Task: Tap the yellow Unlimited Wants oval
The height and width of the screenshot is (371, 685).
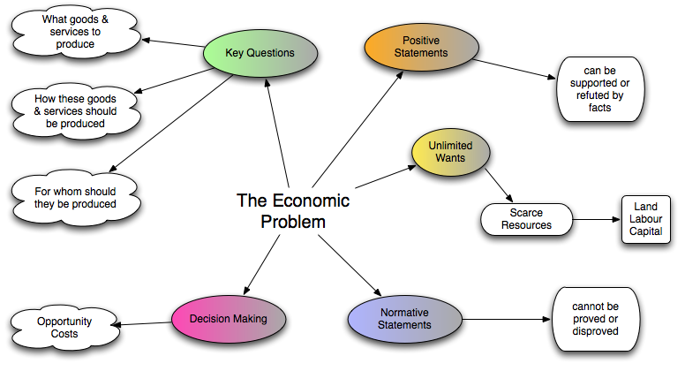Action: click(x=451, y=152)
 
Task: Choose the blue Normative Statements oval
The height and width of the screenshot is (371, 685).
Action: click(x=405, y=318)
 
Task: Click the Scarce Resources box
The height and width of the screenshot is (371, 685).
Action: click(x=525, y=219)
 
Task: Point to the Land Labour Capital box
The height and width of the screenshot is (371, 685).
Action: click(x=645, y=217)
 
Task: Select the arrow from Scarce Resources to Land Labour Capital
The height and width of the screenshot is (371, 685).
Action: click(x=596, y=218)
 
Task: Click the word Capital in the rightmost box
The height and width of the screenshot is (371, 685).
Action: click(x=645, y=231)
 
